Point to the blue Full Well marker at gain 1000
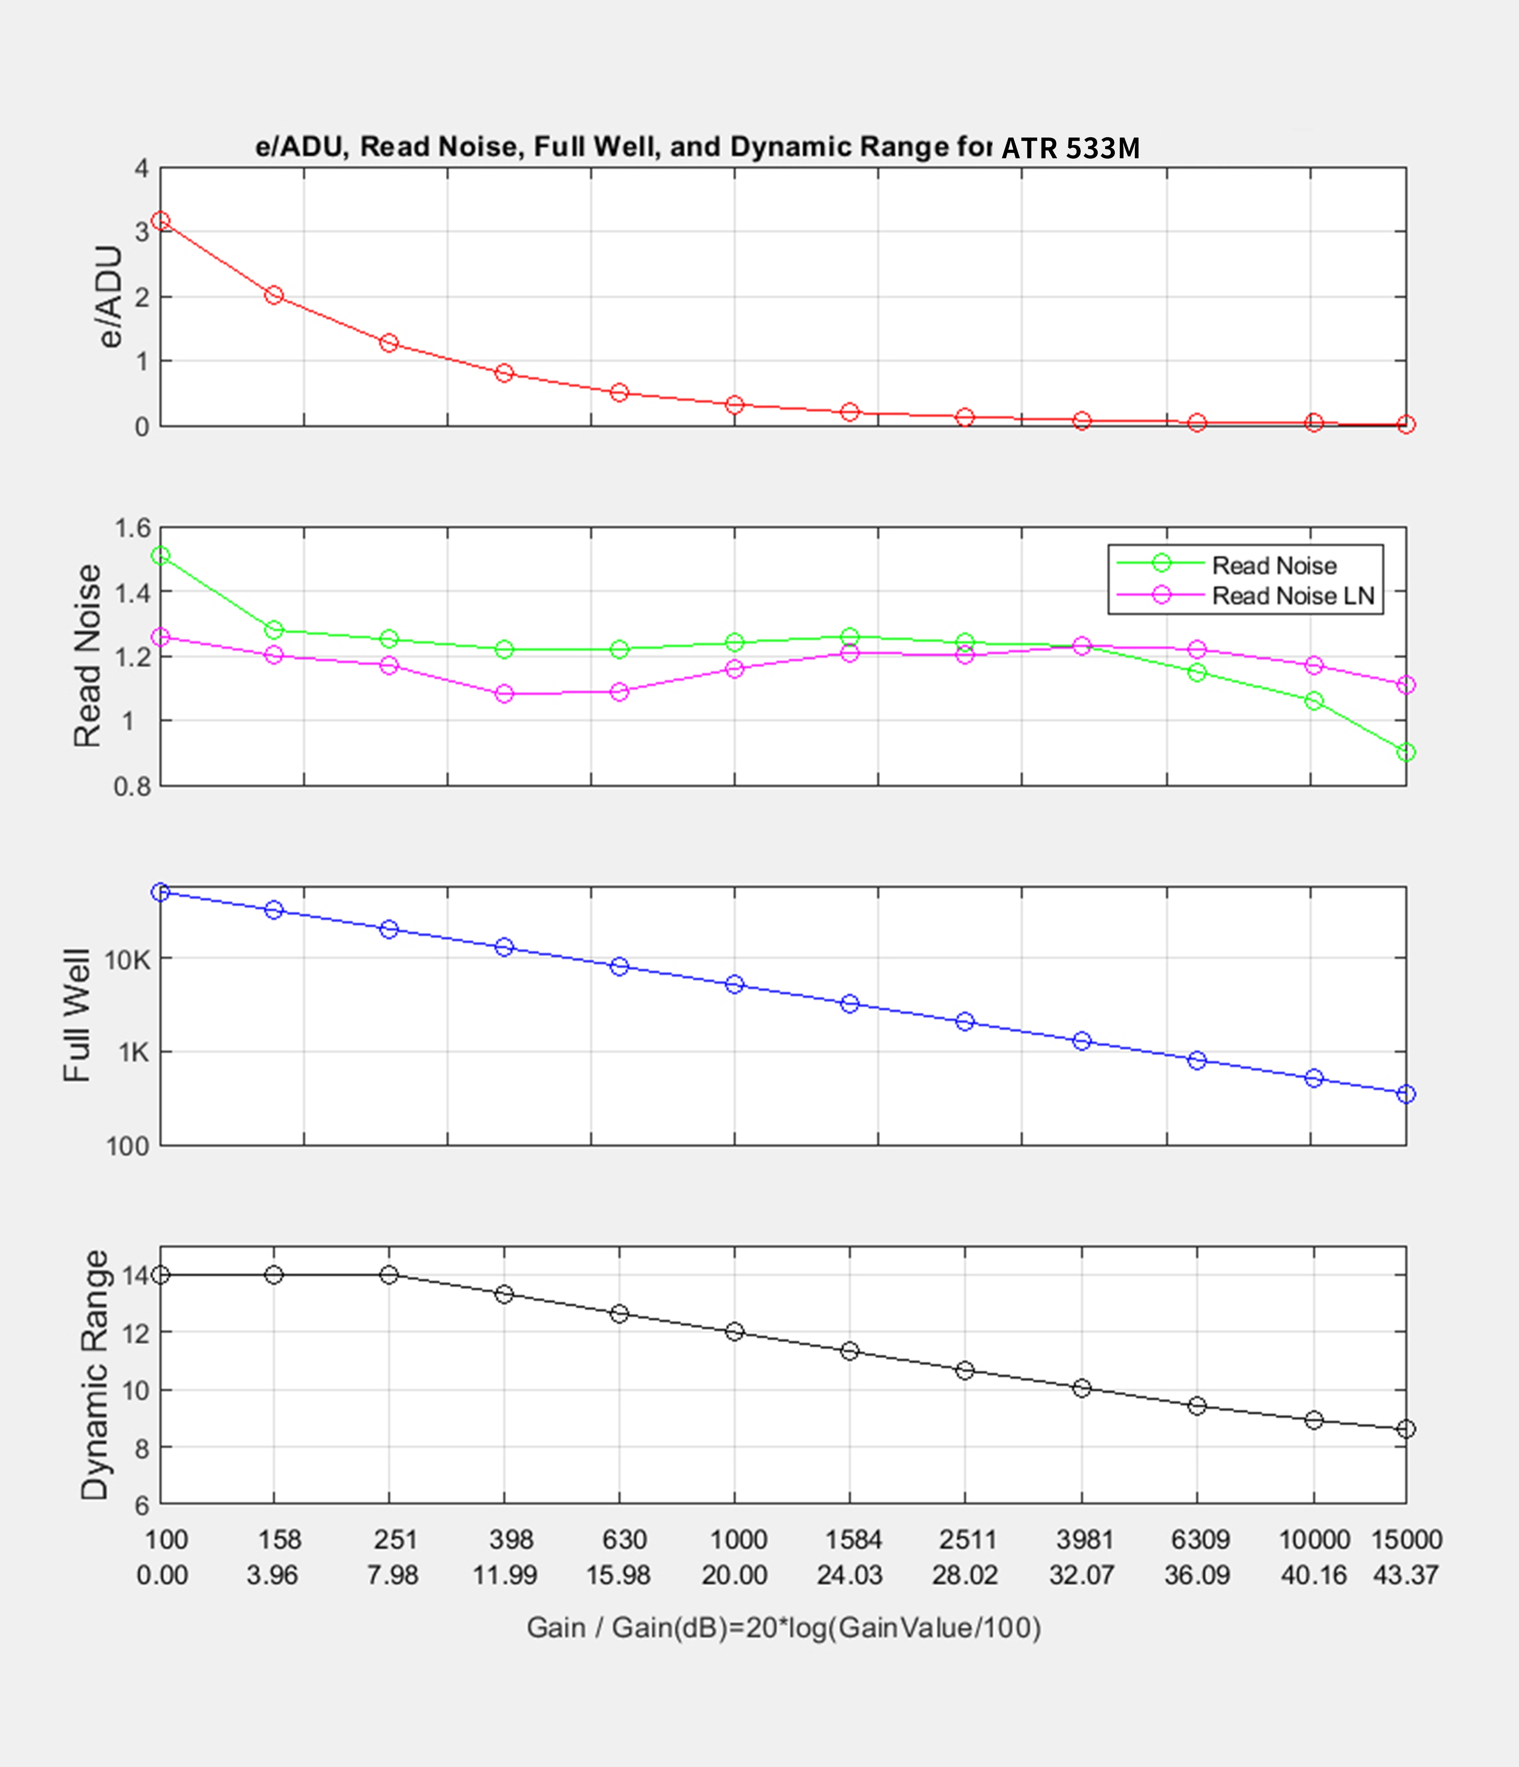click(x=734, y=984)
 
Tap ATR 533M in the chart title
click(x=1070, y=148)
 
